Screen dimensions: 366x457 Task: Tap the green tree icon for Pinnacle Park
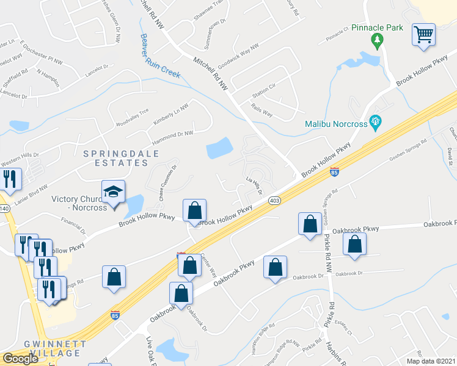(x=377, y=41)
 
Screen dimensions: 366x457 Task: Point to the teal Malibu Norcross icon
(x=376, y=123)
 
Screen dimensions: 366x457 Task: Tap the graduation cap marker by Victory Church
(x=114, y=192)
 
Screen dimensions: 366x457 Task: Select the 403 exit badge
(x=274, y=200)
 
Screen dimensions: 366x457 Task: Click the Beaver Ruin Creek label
(x=161, y=56)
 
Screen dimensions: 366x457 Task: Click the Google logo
(x=20, y=359)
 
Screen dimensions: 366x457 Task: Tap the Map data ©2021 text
(x=430, y=361)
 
